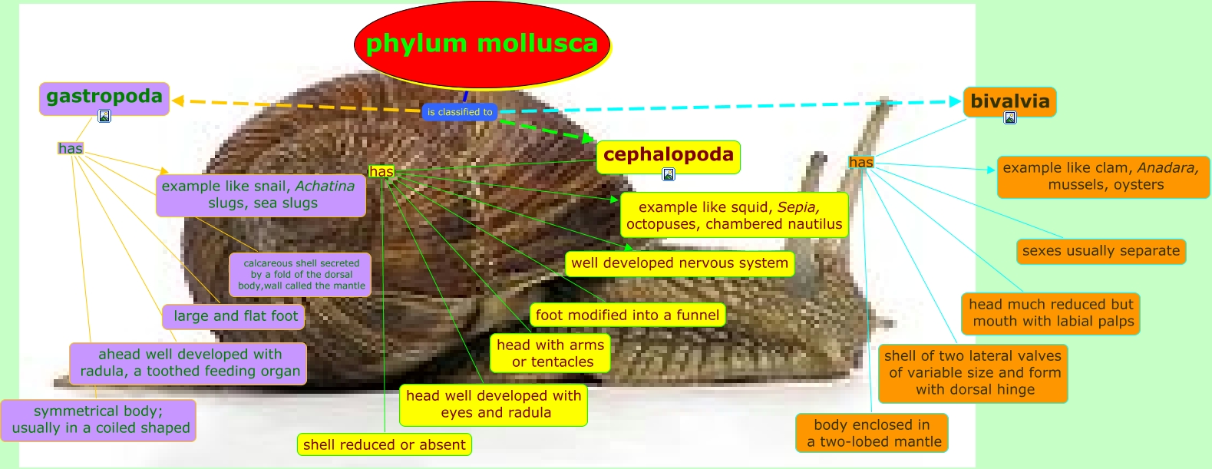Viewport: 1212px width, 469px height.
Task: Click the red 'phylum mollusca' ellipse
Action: tap(482, 45)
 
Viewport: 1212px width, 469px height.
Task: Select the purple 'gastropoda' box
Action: tap(104, 98)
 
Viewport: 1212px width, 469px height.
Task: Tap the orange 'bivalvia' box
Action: tap(1009, 101)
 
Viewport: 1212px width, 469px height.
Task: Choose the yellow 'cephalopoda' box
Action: tap(669, 157)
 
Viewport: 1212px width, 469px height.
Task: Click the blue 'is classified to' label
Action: tap(460, 112)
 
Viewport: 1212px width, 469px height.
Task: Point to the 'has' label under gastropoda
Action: tap(71, 148)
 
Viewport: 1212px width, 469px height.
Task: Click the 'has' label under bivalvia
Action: tap(861, 162)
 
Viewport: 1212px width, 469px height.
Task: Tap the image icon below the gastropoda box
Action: tap(104, 116)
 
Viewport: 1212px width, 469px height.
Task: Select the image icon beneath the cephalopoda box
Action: tap(669, 174)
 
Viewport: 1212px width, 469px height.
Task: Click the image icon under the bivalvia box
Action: tap(1010, 117)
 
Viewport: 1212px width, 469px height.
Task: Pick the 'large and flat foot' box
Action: tap(234, 316)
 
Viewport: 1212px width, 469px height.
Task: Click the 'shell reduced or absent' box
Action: tap(384, 444)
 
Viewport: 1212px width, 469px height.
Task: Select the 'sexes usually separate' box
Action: tap(1101, 252)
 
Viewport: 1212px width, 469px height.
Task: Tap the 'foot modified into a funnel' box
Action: tap(628, 315)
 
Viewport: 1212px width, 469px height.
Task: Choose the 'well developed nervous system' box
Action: tap(679, 263)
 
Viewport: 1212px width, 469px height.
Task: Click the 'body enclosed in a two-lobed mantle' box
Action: tap(872, 433)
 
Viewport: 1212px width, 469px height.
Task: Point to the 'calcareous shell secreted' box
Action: tap(300, 275)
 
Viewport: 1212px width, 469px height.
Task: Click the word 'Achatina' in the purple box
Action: tap(325, 186)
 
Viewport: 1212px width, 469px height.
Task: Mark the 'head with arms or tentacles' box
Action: tap(550, 353)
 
